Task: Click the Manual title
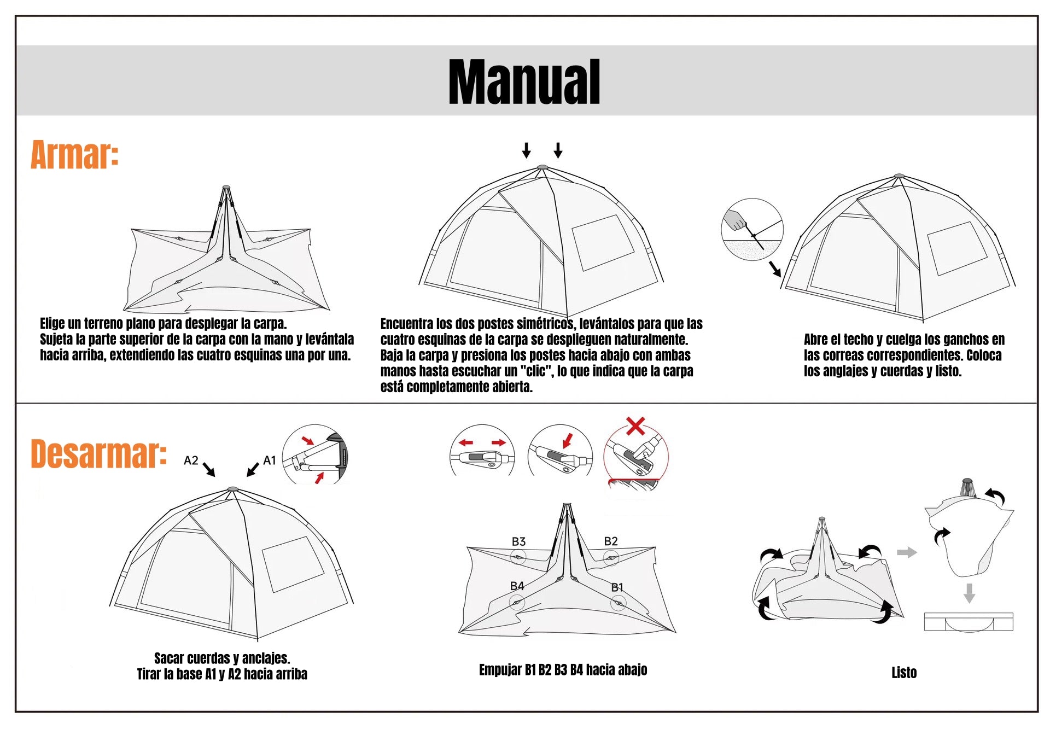coord(524,81)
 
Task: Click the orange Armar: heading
coord(74,155)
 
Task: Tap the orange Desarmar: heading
coord(98,453)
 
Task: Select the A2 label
coord(191,460)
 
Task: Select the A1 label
coord(270,460)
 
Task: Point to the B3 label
coord(518,541)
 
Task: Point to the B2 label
coord(611,541)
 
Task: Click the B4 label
coord(517,586)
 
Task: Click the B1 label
coord(617,587)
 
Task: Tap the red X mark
coord(635,425)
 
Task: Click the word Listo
coord(903,673)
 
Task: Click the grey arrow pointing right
coord(906,552)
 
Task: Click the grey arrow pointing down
coord(969,593)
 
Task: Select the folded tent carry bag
coord(969,622)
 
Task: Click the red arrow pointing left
coord(466,442)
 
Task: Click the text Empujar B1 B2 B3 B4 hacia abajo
coord(563,670)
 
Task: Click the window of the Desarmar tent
coord(293,564)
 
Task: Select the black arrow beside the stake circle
coord(775,269)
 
